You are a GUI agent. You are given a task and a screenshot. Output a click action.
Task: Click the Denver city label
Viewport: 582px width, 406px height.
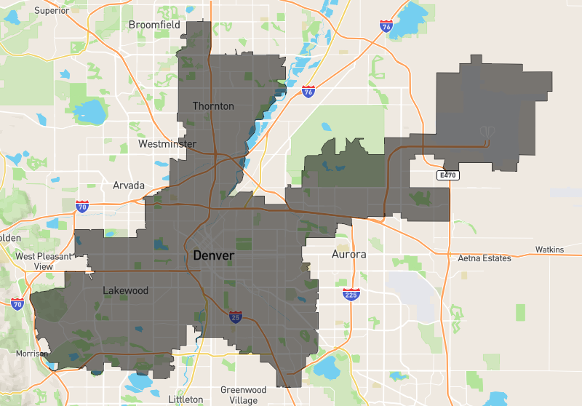[x=213, y=256]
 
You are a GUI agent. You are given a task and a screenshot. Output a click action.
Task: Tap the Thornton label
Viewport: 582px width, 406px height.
[x=213, y=106]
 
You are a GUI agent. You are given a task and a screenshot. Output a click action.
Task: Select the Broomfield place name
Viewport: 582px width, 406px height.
[x=154, y=25]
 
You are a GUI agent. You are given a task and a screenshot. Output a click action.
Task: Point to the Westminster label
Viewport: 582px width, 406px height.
[x=167, y=144]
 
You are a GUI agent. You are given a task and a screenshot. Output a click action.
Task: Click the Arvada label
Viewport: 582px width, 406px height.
[x=129, y=186]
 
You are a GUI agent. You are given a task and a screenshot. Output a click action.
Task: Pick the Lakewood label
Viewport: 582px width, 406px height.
[x=125, y=291]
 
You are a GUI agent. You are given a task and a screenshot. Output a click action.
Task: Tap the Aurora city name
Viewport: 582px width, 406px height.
[x=348, y=255]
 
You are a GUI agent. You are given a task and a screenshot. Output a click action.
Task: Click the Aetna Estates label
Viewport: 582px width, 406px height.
[x=485, y=258]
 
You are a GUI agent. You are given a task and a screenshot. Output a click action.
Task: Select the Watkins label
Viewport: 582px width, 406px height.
[x=549, y=250]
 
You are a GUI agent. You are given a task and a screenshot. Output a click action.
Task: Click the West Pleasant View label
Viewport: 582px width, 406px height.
[x=44, y=261]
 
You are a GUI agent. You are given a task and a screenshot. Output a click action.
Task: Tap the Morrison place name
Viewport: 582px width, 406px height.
[x=31, y=354]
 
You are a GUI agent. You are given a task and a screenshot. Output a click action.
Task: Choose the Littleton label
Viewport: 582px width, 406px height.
[x=186, y=399]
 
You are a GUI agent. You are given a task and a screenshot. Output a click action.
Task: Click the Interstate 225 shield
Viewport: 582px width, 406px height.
[x=351, y=294]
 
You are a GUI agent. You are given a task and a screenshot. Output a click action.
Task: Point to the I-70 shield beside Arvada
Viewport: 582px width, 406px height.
[x=82, y=207]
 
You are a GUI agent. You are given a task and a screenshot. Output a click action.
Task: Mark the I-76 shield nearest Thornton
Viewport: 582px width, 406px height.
[x=308, y=92]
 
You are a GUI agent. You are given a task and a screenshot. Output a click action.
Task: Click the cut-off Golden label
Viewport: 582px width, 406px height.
[x=10, y=238]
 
